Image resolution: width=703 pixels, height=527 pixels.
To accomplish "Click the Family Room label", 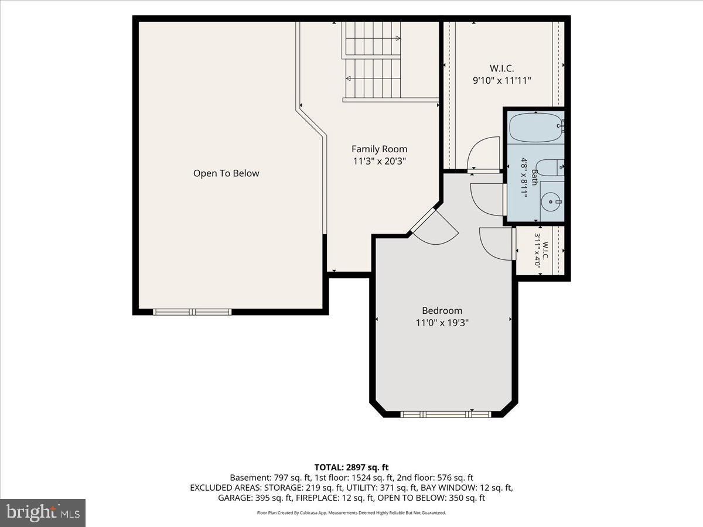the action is [x=379, y=149].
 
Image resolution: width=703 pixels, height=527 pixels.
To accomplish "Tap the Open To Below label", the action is [x=226, y=173].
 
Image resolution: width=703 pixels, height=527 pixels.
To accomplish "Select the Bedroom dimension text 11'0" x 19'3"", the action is [x=442, y=323].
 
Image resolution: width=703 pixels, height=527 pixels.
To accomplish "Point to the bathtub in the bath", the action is [x=536, y=127].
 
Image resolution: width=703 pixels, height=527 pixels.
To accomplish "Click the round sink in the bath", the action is [x=551, y=201].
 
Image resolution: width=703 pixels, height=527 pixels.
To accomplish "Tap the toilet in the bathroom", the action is [x=549, y=167].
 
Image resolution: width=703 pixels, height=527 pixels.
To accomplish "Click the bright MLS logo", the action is [x=43, y=513].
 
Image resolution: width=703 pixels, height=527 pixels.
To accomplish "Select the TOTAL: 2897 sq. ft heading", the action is [x=351, y=467].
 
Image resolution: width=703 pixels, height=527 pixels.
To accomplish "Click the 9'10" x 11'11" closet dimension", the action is [x=502, y=80].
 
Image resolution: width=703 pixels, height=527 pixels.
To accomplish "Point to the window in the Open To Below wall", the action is [x=192, y=312].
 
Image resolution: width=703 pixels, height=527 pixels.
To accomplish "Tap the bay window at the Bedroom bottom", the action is [x=445, y=415].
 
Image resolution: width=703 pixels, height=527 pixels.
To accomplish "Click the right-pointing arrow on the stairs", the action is [x=373, y=39].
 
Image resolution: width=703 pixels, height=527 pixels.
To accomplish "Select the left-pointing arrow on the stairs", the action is [x=373, y=78].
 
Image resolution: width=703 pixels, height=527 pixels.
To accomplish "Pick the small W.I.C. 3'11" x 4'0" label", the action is [x=541, y=250].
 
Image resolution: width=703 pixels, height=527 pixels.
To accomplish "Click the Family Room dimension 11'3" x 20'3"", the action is [x=380, y=161].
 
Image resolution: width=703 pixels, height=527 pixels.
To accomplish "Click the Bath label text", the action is [x=534, y=177].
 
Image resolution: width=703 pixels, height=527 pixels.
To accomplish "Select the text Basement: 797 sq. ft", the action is [x=270, y=478].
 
